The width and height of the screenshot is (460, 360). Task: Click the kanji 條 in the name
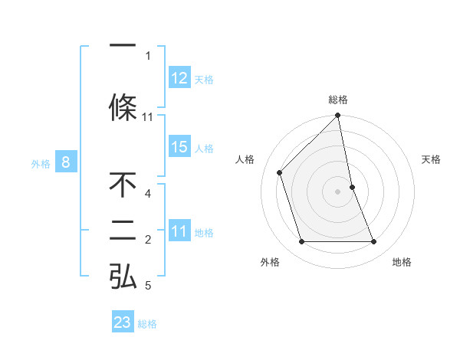tap(123, 106)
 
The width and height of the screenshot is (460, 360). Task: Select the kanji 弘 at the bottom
tap(123, 276)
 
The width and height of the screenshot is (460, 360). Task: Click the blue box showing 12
tap(179, 78)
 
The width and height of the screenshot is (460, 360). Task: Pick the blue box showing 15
tap(179, 147)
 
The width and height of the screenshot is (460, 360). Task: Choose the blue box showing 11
tap(179, 232)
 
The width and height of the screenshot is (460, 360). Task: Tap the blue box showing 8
tap(66, 162)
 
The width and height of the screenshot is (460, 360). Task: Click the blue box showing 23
tap(122, 322)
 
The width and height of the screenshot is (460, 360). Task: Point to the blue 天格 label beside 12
tap(204, 79)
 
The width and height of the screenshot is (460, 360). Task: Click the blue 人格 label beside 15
tap(204, 148)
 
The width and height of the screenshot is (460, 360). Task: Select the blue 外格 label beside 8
tap(41, 163)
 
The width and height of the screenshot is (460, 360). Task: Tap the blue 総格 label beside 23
tap(147, 324)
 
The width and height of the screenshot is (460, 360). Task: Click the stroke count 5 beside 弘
tap(148, 286)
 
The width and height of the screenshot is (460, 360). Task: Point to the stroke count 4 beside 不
tap(148, 194)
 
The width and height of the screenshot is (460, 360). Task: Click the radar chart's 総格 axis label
tap(338, 100)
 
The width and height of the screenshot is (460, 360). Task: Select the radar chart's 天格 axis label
tap(431, 159)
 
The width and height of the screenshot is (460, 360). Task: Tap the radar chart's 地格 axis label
tap(402, 262)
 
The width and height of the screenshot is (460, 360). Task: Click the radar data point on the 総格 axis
tap(338, 116)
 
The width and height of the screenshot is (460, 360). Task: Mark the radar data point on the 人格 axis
tap(280, 172)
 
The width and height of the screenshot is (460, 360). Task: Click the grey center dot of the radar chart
tap(338, 191)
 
